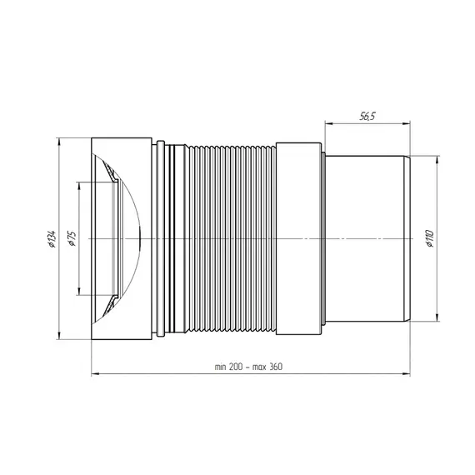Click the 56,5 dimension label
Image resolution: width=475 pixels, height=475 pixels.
367,116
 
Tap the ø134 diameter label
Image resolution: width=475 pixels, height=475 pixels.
52,238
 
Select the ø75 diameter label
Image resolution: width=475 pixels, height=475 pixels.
72,238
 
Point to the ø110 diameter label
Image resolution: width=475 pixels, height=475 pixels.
429,238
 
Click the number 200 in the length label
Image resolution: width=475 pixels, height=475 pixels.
236,367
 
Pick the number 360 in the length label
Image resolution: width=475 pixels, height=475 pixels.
275,367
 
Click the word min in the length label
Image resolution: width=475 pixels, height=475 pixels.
221,367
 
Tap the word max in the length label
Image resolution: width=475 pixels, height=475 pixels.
259,367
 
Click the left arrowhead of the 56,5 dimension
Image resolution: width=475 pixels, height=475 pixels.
329,123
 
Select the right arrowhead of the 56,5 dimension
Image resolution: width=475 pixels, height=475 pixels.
406,123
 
